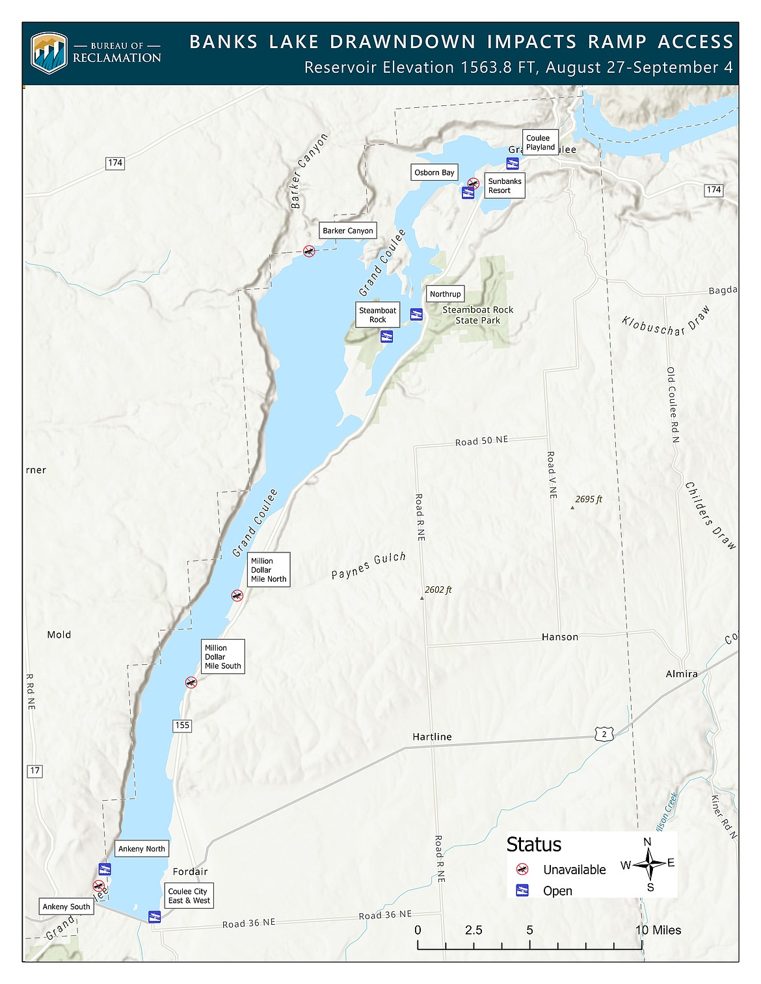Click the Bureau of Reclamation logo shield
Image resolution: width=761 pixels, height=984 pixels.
49,53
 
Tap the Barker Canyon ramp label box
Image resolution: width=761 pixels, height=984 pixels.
348,231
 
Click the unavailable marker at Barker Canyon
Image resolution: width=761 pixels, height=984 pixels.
309,251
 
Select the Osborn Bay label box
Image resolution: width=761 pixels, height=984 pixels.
434,172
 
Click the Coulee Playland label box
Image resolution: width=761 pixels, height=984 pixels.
541,142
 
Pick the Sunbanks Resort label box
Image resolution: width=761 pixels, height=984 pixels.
505,186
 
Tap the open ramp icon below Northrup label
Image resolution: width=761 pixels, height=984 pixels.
416,315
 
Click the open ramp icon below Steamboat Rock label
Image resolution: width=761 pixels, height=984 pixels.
386,337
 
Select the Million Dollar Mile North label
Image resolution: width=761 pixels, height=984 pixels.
269,570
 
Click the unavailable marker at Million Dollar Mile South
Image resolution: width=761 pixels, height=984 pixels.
191,682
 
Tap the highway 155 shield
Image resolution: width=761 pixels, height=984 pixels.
182,725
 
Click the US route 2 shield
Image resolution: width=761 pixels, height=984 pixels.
604,734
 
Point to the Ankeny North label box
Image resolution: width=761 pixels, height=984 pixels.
142,849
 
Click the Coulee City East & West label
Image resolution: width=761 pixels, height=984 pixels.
189,896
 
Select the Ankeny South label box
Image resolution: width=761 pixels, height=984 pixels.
66,907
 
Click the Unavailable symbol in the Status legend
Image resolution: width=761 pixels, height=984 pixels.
522,870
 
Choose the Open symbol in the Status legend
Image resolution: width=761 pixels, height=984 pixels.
522,890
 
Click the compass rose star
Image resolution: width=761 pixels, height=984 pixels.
648,864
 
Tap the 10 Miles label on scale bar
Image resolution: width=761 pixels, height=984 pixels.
658,930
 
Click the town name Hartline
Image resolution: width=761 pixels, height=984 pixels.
432,736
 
